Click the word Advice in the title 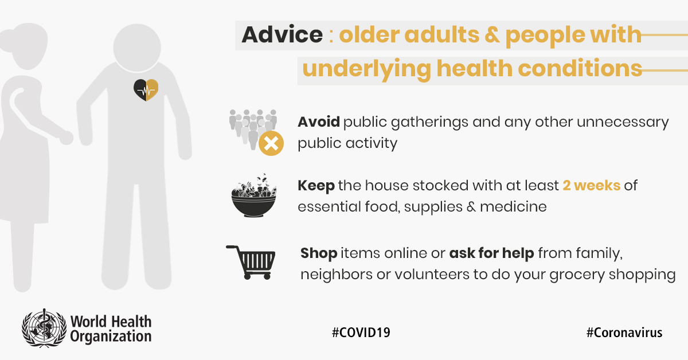[x=282, y=34]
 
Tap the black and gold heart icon [x=146, y=90]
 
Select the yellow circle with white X [x=271, y=143]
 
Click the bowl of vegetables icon [x=253, y=195]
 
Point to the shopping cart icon [x=251, y=263]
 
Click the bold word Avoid [x=319, y=122]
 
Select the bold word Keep [x=316, y=186]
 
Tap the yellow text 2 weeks [x=592, y=186]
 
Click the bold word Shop [x=319, y=254]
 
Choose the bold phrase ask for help [x=492, y=253]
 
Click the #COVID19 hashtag [x=361, y=332]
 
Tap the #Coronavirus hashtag [x=624, y=332]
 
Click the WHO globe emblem [x=44, y=328]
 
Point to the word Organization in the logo [x=111, y=336]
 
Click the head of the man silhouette [x=137, y=48]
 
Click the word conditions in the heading [x=580, y=68]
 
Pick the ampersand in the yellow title [x=492, y=34]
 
